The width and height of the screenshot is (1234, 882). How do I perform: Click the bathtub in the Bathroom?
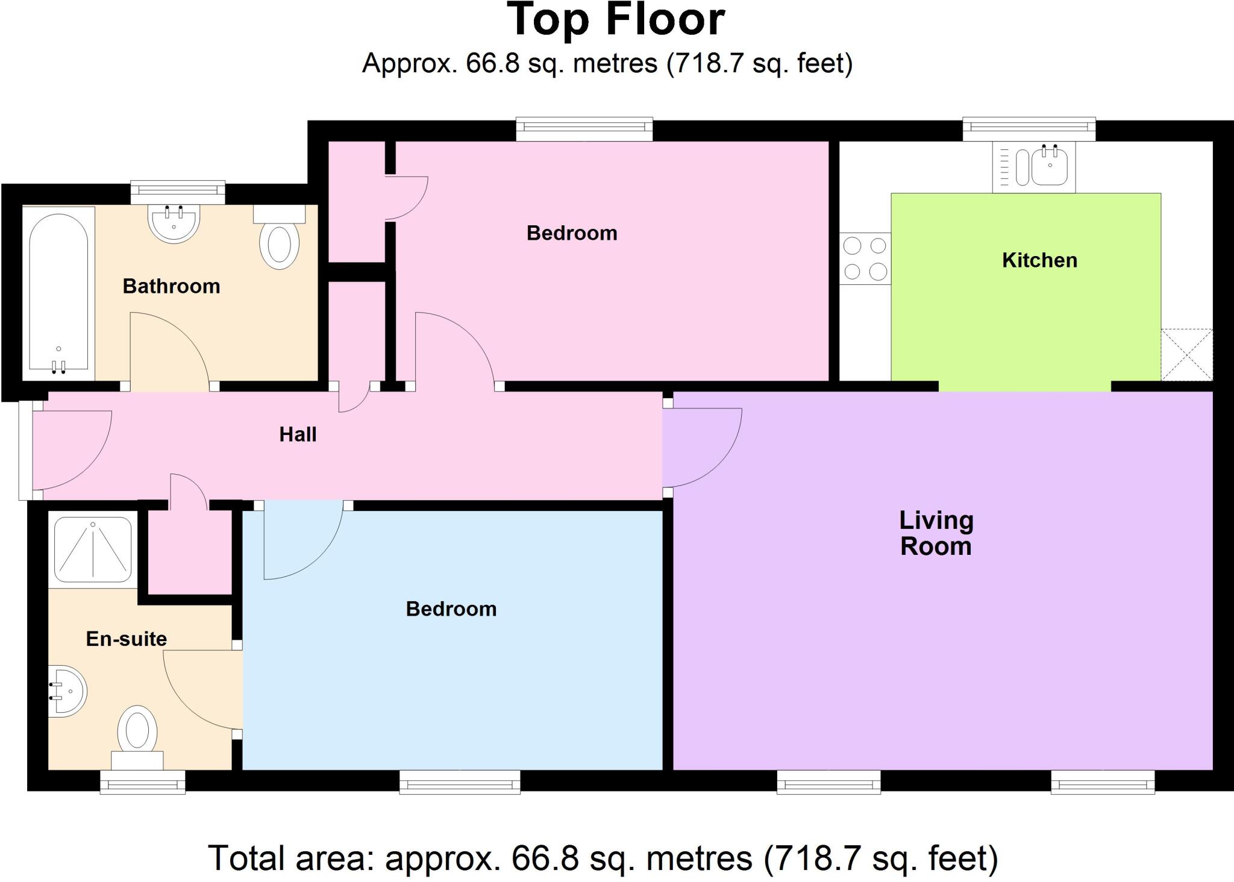pyautogui.click(x=58, y=293)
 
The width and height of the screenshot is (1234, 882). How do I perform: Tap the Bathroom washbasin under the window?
pyautogui.click(x=174, y=224)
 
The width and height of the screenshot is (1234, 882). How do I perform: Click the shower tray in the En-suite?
pyautogui.click(x=93, y=549)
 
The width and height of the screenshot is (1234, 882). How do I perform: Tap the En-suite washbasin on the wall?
pyautogui.click(x=67, y=692)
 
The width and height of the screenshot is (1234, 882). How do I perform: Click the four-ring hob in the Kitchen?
pyautogui.click(x=865, y=258)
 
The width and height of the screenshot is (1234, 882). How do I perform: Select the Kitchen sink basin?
pyautogui.click(x=1050, y=166)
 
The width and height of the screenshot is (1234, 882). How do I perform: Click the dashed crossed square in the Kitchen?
pyautogui.click(x=1186, y=354)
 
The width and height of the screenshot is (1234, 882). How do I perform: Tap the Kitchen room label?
pyautogui.click(x=1039, y=260)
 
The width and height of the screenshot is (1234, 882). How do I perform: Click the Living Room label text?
pyautogui.click(x=936, y=533)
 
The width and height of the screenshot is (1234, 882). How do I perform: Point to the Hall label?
pyautogui.click(x=298, y=434)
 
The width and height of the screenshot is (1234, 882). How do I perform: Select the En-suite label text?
pyautogui.click(x=126, y=639)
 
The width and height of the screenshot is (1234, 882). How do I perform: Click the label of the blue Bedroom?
pyautogui.click(x=451, y=609)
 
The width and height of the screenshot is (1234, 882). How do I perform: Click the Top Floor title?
pyautogui.click(x=616, y=20)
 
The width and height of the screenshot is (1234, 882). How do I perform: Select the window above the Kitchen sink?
pyautogui.click(x=1029, y=128)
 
